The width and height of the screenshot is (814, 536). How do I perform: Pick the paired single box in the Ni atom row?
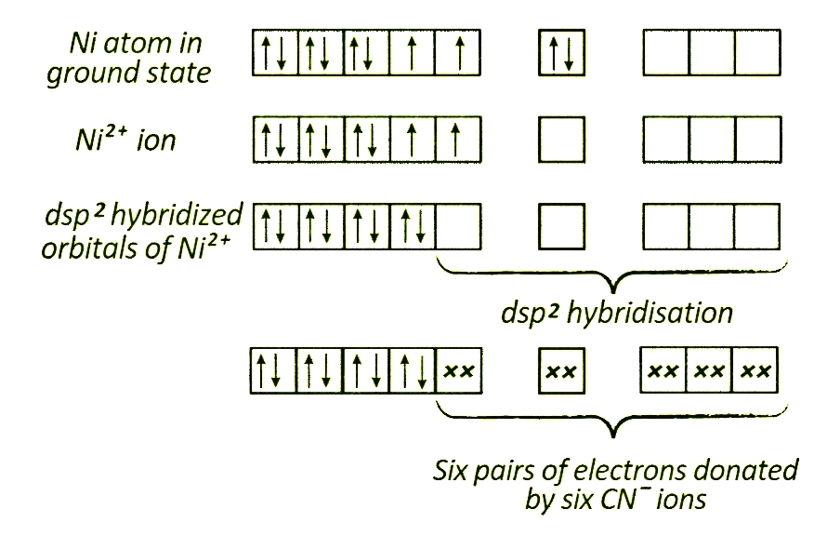[x=561, y=54]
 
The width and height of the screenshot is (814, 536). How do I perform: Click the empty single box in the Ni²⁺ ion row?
[x=561, y=141]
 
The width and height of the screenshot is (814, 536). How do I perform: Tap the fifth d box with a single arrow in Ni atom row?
[x=459, y=54]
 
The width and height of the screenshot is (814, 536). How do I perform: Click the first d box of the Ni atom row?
[x=275, y=54]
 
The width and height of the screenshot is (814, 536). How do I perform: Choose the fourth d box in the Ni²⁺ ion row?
[x=414, y=141]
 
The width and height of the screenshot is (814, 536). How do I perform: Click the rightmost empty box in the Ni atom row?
[x=756, y=54]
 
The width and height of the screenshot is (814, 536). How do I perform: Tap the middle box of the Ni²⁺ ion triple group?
[x=711, y=141]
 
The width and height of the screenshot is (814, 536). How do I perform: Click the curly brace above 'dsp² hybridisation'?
[x=610, y=275]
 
